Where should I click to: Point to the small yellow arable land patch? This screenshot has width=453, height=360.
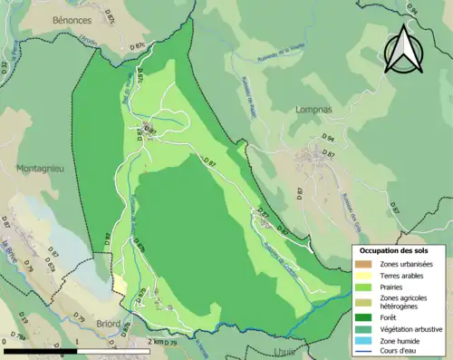(x=120, y=284)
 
